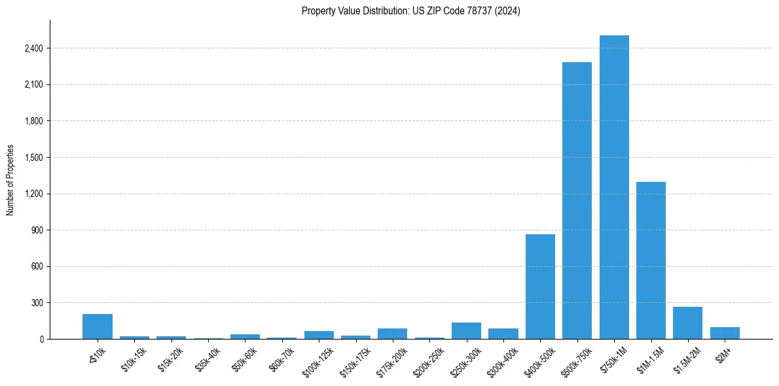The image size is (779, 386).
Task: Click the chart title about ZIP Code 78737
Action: click(410, 11)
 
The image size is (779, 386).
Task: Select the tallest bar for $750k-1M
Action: click(614, 187)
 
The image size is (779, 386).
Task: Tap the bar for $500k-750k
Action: click(577, 200)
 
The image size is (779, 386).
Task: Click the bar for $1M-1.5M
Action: click(651, 260)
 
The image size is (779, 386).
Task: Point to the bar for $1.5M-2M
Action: click(687, 323)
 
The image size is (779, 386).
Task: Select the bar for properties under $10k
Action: click(98, 326)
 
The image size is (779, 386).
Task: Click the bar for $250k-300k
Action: click(466, 331)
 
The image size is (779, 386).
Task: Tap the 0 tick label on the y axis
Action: click(41, 340)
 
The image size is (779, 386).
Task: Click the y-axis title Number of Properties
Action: click(10, 180)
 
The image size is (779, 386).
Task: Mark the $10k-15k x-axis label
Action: click(135, 358)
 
